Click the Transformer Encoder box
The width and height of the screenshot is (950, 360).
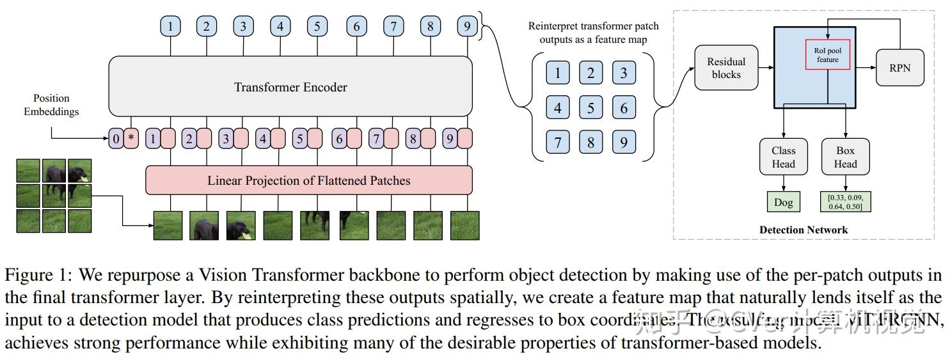[x=290, y=87]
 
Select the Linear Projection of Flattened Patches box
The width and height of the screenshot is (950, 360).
[x=309, y=180]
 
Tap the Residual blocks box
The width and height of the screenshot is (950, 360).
[x=726, y=68]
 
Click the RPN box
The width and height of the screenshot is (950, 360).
[x=899, y=67]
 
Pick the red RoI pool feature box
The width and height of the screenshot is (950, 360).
[x=827, y=54]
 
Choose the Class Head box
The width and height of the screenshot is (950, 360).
[x=783, y=157]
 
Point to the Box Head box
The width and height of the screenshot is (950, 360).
[x=845, y=157]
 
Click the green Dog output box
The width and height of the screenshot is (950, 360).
[x=783, y=203]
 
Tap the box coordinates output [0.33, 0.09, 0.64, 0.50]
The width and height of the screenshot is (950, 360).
[x=845, y=201]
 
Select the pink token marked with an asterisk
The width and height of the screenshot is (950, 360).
[x=131, y=138]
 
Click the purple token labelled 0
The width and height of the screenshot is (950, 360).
[x=115, y=138]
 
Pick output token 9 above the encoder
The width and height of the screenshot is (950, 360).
[x=467, y=27]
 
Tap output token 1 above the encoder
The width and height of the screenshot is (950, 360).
[x=170, y=27]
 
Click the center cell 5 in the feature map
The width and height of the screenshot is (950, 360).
[x=590, y=107]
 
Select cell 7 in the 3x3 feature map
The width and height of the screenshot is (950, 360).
[x=557, y=142]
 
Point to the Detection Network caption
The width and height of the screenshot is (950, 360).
[x=804, y=230]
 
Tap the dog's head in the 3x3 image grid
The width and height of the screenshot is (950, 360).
[x=78, y=171]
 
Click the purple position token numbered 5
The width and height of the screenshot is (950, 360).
[x=299, y=138]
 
